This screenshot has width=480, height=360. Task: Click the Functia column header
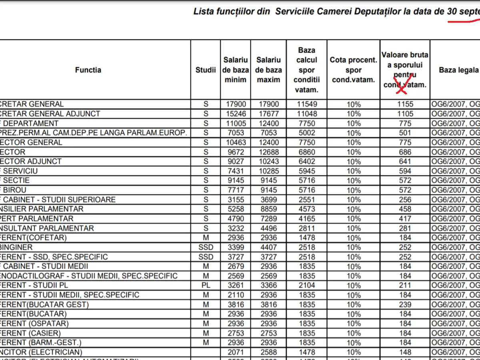(88, 70)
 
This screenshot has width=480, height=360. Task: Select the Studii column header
(206, 70)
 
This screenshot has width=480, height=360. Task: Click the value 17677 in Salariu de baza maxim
(268, 114)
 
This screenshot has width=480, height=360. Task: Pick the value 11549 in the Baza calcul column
(306, 104)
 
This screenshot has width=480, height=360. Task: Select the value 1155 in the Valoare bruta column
(405, 104)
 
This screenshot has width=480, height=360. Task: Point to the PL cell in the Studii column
(206, 285)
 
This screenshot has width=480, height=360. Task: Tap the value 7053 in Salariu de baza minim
(236, 133)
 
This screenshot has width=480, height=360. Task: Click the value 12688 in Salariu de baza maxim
(268, 152)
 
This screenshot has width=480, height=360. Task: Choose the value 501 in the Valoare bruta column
(405, 133)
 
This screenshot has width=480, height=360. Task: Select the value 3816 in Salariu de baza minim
(236, 304)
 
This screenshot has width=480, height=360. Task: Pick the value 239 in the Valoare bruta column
(405, 304)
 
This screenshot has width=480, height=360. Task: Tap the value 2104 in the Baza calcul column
(306, 285)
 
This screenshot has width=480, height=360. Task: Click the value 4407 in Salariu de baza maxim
(268, 247)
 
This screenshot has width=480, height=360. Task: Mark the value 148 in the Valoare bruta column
(405, 352)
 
